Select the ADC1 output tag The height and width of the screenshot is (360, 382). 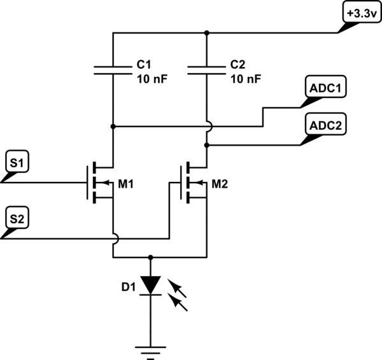(x=327, y=90)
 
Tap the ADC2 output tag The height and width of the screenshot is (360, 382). (x=327, y=125)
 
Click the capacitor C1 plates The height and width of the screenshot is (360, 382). (x=113, y=69)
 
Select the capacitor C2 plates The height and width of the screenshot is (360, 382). (x=208, y=69)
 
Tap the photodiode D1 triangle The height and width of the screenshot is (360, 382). (x=151, y=284)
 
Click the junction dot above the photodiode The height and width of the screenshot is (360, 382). (x=151, y=258)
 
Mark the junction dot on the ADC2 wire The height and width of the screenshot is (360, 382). (x=208, y=146)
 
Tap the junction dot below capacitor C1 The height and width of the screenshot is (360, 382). (x=113, y=127)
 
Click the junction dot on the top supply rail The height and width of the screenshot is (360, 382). (x=208, y=32)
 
